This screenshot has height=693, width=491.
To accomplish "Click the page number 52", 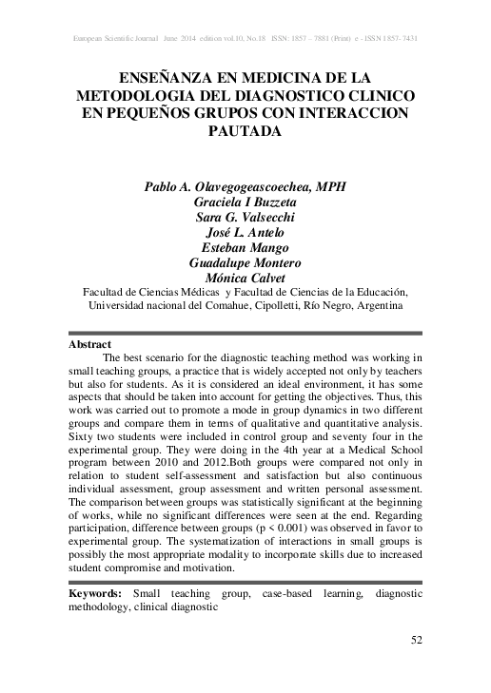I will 416,640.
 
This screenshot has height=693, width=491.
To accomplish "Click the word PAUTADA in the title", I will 245,132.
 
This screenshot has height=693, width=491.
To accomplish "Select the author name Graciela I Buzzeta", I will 245,202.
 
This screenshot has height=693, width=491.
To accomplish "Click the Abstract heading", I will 90,343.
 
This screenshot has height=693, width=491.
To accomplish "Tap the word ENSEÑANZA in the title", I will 167,78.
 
